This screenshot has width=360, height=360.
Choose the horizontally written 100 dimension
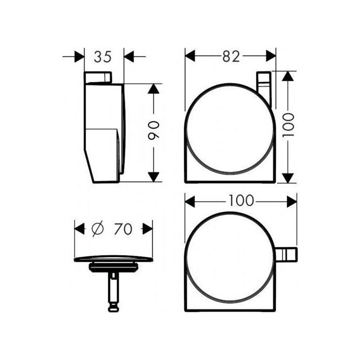(241, 201)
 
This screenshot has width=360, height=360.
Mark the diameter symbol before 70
(96, 229)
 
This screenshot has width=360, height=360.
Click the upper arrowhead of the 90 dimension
(154, 89)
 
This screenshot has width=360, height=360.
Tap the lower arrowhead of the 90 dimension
(154, 176)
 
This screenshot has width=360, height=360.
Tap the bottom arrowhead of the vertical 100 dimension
(287, 176)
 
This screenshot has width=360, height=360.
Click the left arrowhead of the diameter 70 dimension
(79, 229)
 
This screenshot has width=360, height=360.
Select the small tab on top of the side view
(97, 78)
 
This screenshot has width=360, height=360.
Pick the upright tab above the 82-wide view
(263, 84)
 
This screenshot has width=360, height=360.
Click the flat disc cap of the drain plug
(113, 259)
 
